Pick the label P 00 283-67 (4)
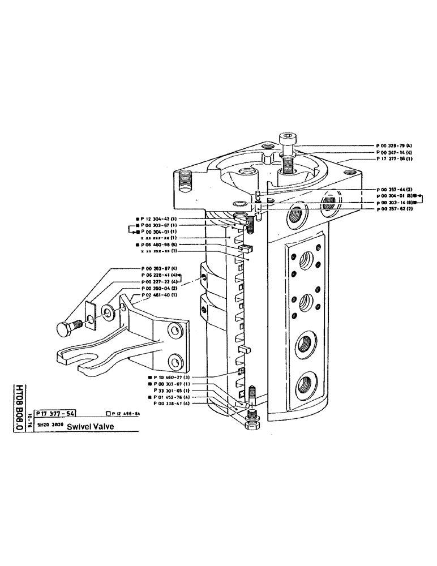160,268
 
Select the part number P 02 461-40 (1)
160,295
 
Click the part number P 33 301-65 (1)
171,391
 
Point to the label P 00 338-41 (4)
171,404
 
